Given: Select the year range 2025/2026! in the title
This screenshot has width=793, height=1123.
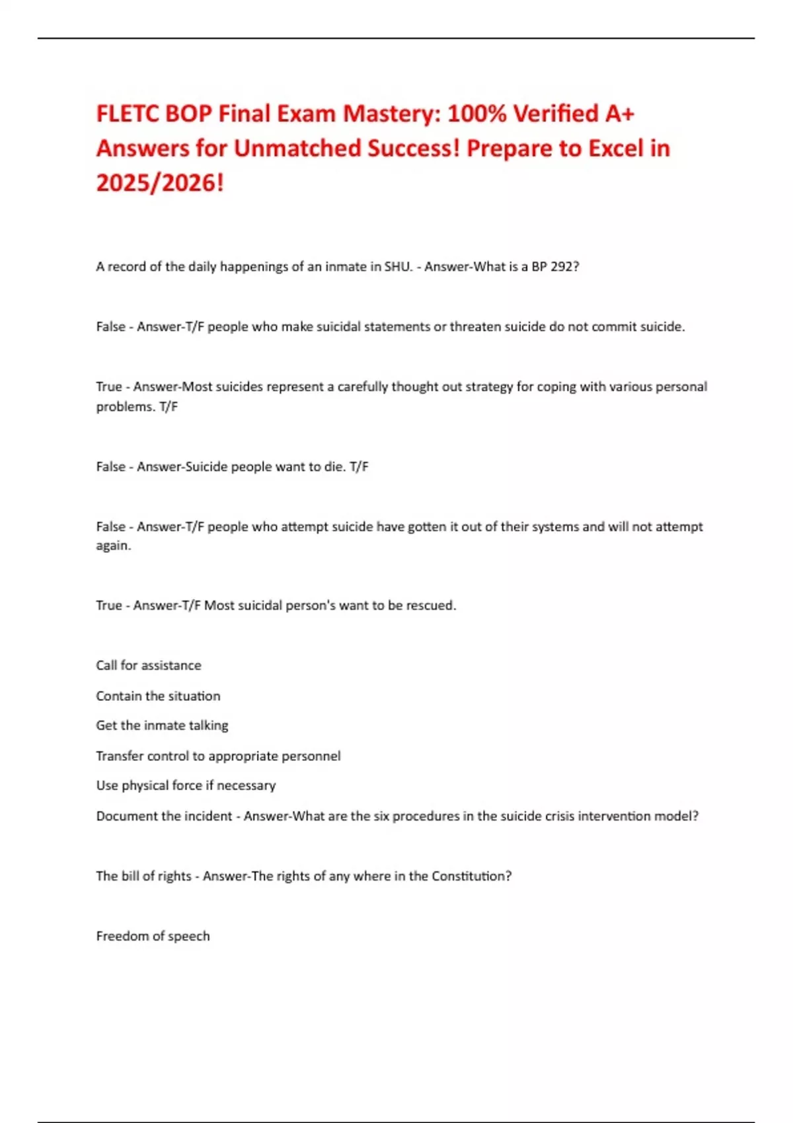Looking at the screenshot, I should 160,182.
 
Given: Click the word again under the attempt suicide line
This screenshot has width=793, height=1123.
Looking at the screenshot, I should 113,546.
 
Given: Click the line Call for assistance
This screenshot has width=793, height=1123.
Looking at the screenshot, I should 149,666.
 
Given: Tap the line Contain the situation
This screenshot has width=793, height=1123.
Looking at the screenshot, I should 158,696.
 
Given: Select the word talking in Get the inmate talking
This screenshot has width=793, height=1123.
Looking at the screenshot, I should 208,726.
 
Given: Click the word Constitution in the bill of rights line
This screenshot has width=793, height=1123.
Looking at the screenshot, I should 471,877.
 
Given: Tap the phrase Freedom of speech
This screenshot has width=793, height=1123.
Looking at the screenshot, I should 153,937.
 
